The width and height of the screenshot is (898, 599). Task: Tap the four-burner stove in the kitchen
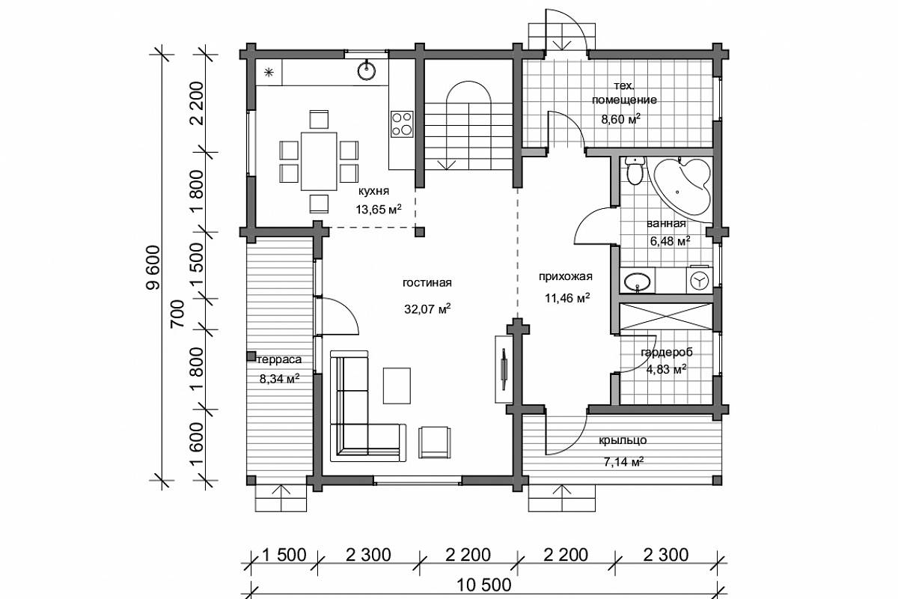(402, 124)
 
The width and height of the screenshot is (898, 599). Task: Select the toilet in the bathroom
(635, 171)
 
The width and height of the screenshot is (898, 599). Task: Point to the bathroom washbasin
(638, 281)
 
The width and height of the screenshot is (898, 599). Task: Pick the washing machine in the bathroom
(700, 279)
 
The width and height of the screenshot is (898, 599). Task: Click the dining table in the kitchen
(319, 161)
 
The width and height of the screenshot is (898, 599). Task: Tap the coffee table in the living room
(397, 386)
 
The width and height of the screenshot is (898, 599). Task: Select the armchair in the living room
(435, 442)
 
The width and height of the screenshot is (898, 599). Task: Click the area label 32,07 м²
(427, 309)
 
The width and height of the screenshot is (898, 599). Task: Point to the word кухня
(373, 192)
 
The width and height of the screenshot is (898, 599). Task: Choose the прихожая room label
(565, 277)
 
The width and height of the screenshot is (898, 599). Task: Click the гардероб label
(667, 353)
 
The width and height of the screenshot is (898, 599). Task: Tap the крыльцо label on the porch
(623, 440)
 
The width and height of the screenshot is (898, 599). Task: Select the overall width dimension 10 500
(484, 586)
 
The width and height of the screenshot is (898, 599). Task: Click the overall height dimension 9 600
(153, 267)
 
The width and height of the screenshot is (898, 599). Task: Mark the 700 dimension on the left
(177, 314)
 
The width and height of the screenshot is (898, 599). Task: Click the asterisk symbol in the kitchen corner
(269, 73)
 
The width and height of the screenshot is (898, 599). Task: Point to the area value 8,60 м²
(620, 119)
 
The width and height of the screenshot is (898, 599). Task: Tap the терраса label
(278, 359)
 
